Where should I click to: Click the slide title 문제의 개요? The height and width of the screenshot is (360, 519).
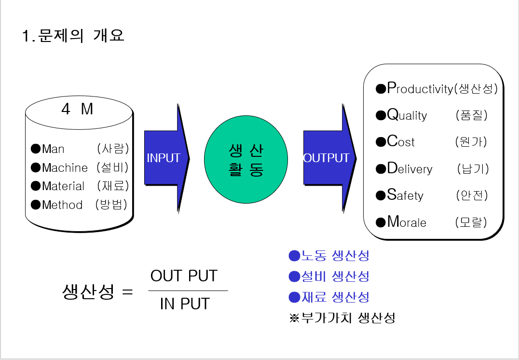click(73, 36)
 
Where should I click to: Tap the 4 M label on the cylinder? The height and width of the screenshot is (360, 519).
click(77, 110)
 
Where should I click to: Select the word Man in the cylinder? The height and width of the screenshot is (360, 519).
click(53, 149)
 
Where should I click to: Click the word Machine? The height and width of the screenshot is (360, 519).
click(65, 167)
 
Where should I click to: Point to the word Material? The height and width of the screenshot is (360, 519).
click(63, 186)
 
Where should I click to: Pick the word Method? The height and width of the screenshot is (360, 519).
click(62, 205)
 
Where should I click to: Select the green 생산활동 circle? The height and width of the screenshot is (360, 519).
click(246, 160)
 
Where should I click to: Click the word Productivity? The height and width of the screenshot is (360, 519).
click(420, 89)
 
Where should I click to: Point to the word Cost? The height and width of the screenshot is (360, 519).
click(400, 142)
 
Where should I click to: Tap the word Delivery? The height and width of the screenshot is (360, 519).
click(410, 169)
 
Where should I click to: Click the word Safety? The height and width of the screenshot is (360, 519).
click(405, 195)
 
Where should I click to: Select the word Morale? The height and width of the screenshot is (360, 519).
click(407, 222)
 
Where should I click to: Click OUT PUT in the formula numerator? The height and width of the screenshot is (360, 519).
click(184, 276)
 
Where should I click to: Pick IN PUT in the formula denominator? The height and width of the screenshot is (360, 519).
click(185, 304)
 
